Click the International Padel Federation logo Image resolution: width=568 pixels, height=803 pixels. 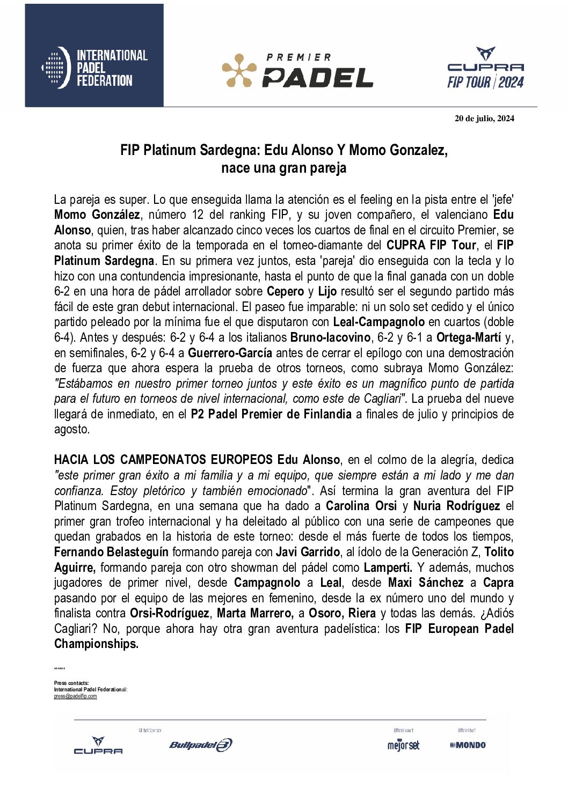[94, 68]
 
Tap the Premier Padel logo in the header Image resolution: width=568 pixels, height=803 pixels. [297, 70]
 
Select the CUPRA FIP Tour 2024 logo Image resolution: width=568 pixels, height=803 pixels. [485, 68]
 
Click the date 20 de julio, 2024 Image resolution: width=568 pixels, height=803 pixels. [484, 119]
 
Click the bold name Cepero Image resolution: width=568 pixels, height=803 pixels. [285, 291]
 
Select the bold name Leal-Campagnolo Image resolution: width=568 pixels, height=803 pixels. [378, 322]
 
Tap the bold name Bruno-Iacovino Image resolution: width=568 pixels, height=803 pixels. [330, 337]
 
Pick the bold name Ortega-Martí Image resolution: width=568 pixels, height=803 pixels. [468, 337]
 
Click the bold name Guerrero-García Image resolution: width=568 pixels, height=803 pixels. [230, 353]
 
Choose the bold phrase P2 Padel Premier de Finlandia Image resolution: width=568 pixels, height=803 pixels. [271, 414]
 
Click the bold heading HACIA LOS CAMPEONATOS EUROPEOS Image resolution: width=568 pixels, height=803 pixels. [163, 460]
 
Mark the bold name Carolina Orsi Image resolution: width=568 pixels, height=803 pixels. [361, 506]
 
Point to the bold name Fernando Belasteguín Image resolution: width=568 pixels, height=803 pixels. [111, 552]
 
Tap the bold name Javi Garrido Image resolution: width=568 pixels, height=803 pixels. [308, 552]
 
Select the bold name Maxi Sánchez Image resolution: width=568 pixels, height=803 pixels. [425, 583]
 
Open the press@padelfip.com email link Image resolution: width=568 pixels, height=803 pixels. [75, 696]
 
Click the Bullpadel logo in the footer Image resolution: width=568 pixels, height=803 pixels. [200, 745]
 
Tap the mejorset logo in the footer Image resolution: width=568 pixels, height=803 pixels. [403, 745]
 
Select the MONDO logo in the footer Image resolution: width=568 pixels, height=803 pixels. [468, 745]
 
